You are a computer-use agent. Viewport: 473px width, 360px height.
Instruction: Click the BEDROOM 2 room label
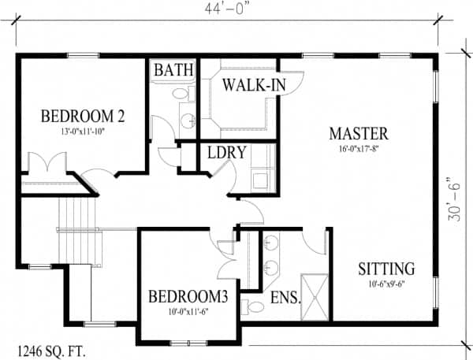click(x=83, y=117)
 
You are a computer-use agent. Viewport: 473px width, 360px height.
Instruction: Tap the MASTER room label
click(x=359, y=134)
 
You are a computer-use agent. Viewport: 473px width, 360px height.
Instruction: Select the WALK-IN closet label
click(x=254, y=85)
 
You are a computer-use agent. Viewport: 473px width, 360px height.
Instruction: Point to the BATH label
click(x=173, y=69)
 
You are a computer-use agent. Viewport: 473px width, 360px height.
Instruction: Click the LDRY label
click(x=227, y=152)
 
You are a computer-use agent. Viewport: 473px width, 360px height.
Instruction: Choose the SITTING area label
click(x=386, y=269)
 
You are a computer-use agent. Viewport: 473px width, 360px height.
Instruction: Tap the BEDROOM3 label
click(x=188, y=296)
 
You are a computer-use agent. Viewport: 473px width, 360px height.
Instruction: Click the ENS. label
click(x=285, y=298)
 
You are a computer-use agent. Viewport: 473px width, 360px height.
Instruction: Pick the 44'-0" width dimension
click(x=229, y=9)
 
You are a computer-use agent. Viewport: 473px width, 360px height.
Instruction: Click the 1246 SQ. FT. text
click(x=51, y=352)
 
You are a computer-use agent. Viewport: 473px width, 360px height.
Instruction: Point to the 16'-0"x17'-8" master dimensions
click(x=359, y=149)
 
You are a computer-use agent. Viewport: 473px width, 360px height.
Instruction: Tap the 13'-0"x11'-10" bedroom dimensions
click(x=83, y=132)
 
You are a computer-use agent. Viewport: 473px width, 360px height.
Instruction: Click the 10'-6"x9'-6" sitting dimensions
click(x=386, y=284)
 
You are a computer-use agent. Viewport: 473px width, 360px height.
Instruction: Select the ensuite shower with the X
click(x=315, y=297)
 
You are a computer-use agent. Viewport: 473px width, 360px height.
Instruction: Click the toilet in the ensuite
click(x=253, y=306)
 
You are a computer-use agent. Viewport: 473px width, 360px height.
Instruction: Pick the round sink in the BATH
click(x=188, y=121)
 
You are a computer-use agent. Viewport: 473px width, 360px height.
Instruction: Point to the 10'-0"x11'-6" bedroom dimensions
click(x=188, y=311)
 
